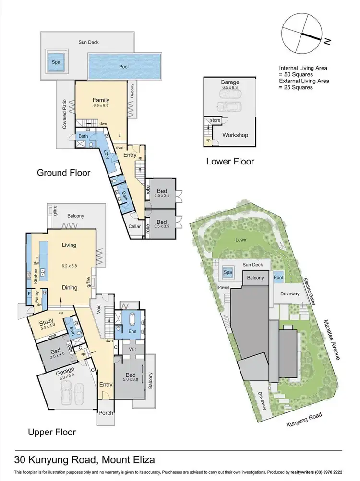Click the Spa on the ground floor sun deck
56,62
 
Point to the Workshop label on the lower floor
235,135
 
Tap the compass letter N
327,42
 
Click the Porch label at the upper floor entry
105,412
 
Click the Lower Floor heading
230,161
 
